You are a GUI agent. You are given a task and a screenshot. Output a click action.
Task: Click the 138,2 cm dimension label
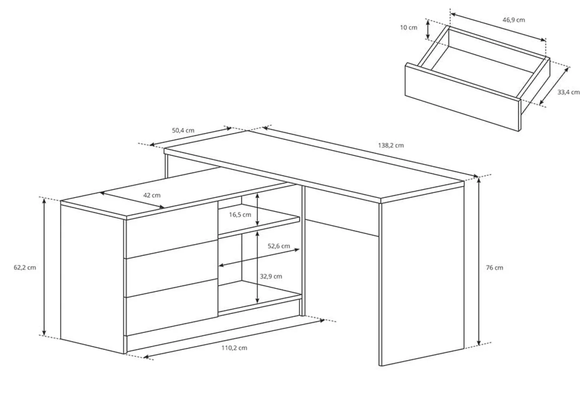pos(391,145)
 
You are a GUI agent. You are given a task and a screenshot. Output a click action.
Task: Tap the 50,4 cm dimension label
pos(183,130)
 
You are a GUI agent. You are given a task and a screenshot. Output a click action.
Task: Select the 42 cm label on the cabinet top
pos(152,195)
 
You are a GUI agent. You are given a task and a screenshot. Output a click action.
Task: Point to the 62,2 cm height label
pos(25,267)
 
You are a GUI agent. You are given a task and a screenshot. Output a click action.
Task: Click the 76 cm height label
pos(494,268)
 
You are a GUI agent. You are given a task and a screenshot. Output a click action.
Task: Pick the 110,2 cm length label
pos(234,348)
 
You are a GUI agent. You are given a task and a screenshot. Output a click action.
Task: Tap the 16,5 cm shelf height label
pos(240,215)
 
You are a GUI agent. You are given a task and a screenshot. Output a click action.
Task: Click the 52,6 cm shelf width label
pos(279,246)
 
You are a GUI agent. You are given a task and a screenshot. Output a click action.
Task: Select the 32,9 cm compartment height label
pos(271,276)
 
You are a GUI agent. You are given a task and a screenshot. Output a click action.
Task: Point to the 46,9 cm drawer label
pos(514,20)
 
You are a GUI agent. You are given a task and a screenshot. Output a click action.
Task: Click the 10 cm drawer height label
pos(409,28)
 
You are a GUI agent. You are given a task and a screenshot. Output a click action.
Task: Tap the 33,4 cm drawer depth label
pos(568,92)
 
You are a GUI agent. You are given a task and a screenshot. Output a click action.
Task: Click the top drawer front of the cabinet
pos(172,230)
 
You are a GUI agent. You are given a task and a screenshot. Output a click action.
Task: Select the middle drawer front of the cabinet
pos(172,268)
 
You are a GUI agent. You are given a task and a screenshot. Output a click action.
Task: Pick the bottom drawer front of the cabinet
pos(172,307)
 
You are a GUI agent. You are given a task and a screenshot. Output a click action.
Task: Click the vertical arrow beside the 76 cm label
pos(479,261)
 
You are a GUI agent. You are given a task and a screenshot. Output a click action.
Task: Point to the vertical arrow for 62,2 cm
pos(44,267)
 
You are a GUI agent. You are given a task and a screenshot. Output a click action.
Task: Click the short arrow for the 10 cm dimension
pos(428,30)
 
